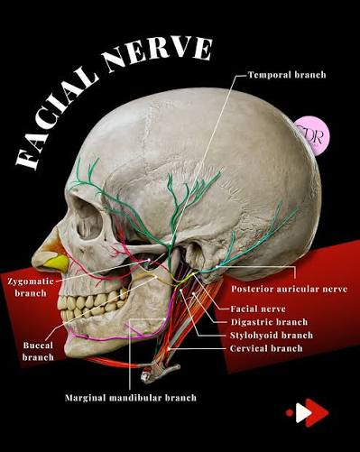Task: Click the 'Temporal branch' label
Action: tap(287, 75)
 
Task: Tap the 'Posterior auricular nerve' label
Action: tap(290, 289)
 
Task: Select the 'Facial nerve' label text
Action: tap(258, 309)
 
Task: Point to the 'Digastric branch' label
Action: tap(269, 322)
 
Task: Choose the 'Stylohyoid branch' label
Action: tap(272, 336)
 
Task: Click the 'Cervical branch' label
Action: tap(266, 348)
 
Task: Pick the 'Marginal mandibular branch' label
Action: tap(131, 398)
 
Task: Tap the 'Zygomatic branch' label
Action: tap(31, 287)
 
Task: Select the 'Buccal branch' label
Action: tap(38, 351)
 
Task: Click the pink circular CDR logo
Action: tap(312, 135)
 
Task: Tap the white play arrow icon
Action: tap(303, 412)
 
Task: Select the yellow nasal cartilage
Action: tap(57, 263)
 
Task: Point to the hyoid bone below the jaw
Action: tap(160, 373)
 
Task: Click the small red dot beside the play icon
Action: tap(290, 412)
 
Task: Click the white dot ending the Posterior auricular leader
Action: tap(217, 267)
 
